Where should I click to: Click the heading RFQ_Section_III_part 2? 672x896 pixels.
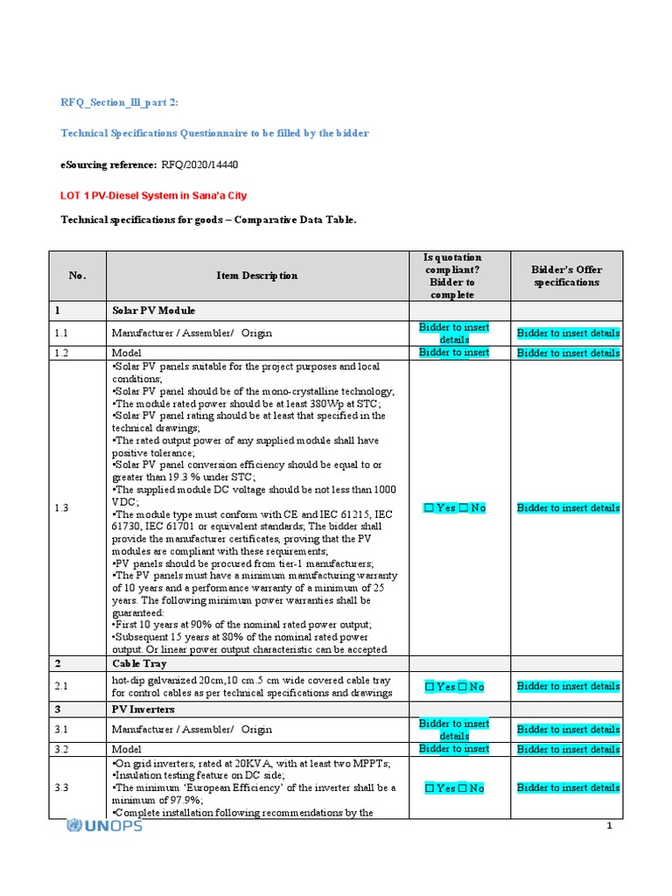tap(118, 102)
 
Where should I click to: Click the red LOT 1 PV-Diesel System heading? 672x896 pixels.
tap(158, 196)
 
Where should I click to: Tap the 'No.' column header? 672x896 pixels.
tap(78, 276)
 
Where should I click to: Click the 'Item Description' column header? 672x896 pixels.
tap(257, 276)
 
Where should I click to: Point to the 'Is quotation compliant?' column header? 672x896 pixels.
tap(452, 276)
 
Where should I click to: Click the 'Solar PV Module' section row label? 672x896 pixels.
tap(153, 311)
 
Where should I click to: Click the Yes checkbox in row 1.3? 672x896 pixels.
tap(429, 508)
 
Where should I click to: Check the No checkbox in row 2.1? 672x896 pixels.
tap(463, 687)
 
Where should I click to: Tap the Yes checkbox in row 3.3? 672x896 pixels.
tap(429, 788)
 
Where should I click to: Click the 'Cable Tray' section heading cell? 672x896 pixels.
tap(137, 664)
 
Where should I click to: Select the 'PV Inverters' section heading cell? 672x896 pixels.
tap(143, 708)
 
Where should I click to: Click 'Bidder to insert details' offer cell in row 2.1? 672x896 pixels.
tap(568, 686)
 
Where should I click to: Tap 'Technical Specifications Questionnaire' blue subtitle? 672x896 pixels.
tap(214, 133)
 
